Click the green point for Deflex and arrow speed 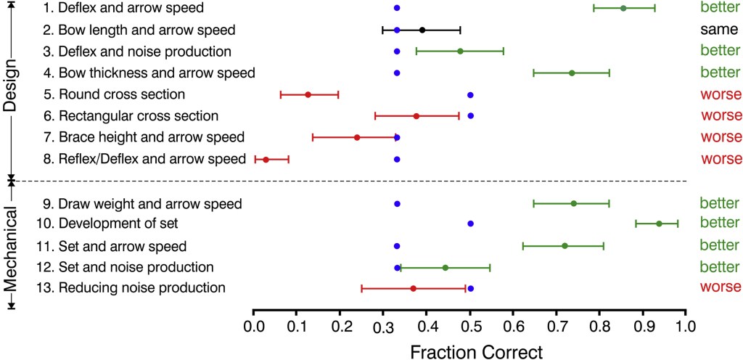tap(623, 8)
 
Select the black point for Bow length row tap(422, 30)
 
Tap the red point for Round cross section tap(308, 94)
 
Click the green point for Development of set tap(659, 224)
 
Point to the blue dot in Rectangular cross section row tap(470, 116)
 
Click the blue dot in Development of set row tap(470, 224)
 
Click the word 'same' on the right tap(719, 30)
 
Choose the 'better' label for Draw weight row tap(720, 203)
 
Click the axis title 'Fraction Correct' tap(476, 351)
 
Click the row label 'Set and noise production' tap(136, 267)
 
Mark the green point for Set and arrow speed tap(565, 245)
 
